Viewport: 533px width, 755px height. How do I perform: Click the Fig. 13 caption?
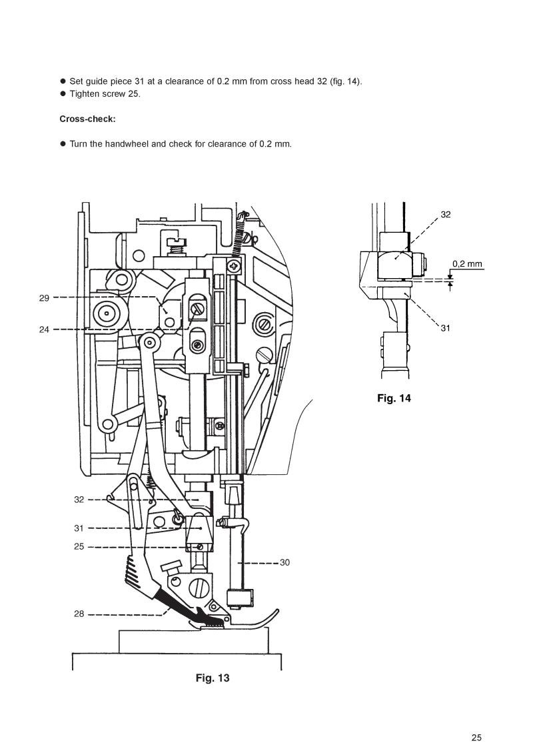point(212,678)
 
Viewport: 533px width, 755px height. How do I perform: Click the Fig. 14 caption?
point(394,398)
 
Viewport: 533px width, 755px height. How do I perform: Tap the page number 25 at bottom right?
point(476,738)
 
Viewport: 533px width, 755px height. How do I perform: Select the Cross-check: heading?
point(87,119)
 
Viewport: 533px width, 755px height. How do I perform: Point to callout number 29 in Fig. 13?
point(44,298)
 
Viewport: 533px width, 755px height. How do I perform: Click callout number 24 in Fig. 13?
point(44,330)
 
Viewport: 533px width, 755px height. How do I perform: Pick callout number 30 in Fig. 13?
point(284,562)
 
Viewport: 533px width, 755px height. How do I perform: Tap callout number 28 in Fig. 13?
point(79,614)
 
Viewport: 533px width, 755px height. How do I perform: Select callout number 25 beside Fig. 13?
point(79,546)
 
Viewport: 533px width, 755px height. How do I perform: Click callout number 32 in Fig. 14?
point(446,214)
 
